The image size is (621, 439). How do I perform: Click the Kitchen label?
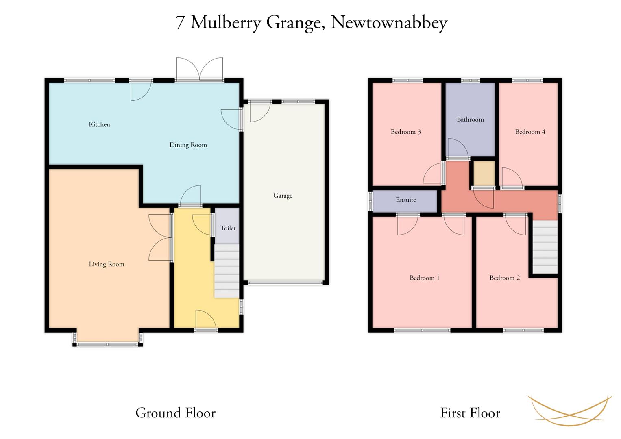click(99, 124)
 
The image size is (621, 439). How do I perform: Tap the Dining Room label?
click(188, 145)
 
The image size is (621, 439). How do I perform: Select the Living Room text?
click(107, 264)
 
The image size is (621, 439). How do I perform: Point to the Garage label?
click(283, 196)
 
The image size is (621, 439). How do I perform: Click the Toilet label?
click(228, 228)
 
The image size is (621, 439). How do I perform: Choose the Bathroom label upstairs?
click(470, 119)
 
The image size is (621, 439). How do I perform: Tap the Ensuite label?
click(406, 200)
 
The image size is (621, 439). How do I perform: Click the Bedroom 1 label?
click(425, 278)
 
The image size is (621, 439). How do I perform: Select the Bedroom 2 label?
click(505, 278)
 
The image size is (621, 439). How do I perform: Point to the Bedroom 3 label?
click(405, 132)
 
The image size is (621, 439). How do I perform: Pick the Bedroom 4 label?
click(530, 132)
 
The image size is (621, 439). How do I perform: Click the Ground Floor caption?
click(176, 413)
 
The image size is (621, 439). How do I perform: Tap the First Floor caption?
click(470, 413)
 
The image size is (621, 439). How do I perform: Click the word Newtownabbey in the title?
click(389, 23)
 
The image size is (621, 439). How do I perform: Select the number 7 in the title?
click(180, 22)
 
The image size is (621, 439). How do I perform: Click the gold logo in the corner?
click(570, 411)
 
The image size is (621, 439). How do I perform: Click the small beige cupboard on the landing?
click(484, 173)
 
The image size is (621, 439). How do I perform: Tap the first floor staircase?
click(545, 247)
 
